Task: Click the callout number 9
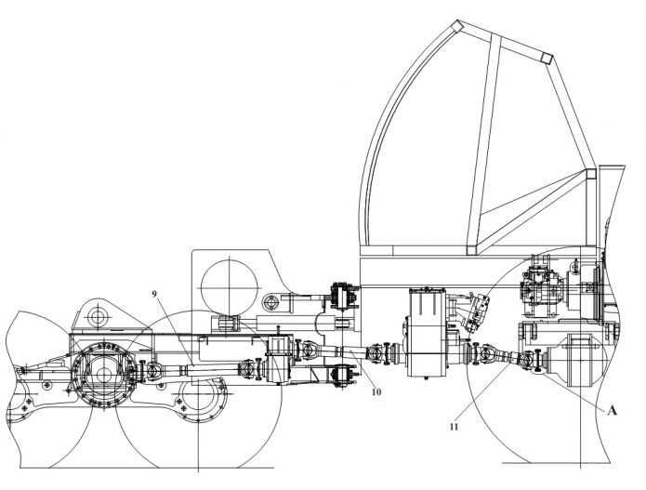[x=154, y=294]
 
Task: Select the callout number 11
[x=453, y=427]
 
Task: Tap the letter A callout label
[x=612, y=407]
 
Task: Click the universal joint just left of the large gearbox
[x=378, y=352]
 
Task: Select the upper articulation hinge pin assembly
[x=344, y=297]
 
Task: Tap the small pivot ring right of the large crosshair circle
[x=272, y=301]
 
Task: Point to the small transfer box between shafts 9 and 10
[x=280, y=361]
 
